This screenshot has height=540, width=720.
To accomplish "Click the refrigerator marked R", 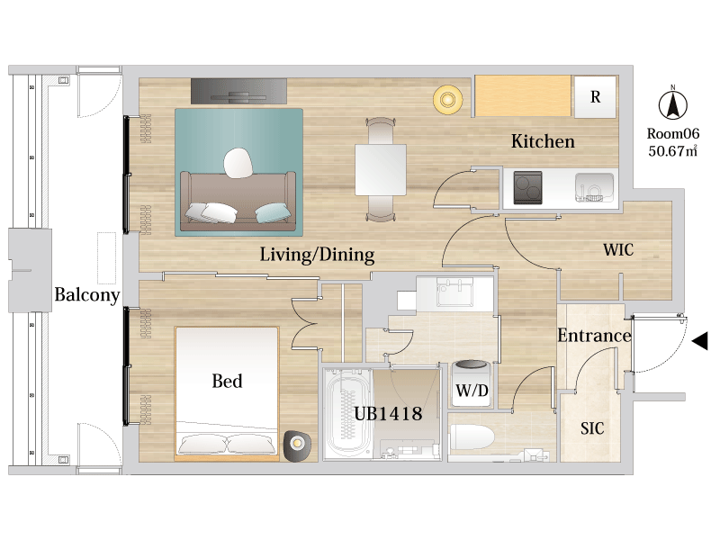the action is click(x=595, y=96).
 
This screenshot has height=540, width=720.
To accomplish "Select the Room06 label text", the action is click(x=672, y=133).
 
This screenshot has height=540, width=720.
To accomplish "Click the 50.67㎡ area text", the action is click(x=672, y=150).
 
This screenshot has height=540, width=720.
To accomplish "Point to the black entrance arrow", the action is click(x=699, y=341).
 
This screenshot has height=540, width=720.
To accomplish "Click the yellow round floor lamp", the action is click(x=447, y=99).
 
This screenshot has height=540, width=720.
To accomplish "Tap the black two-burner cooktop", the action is click(x=527, y=187).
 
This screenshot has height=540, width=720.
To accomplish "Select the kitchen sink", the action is click(x=594, y=187).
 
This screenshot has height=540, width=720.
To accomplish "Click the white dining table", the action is click(x=381, y=169).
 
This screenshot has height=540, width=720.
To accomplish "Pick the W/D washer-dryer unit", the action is click(x=472, y=384).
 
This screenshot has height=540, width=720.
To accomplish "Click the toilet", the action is click(x=472, y=437).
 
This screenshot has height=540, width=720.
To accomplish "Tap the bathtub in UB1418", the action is click(x=347, y=412).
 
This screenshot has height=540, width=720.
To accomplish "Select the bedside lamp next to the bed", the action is click(x=297, y=445).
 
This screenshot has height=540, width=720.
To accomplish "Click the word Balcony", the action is click(x=87, y=295).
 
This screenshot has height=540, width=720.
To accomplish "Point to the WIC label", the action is click(x=618, y=250).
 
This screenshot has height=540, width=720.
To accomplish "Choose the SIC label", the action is click(x=592, y=428).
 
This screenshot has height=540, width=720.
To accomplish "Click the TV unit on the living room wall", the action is click(x=238, y=91).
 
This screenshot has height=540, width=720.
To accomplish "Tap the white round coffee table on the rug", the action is click(x=238, y=163).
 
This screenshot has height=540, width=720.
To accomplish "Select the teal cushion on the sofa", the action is click(x=274, y=213).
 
